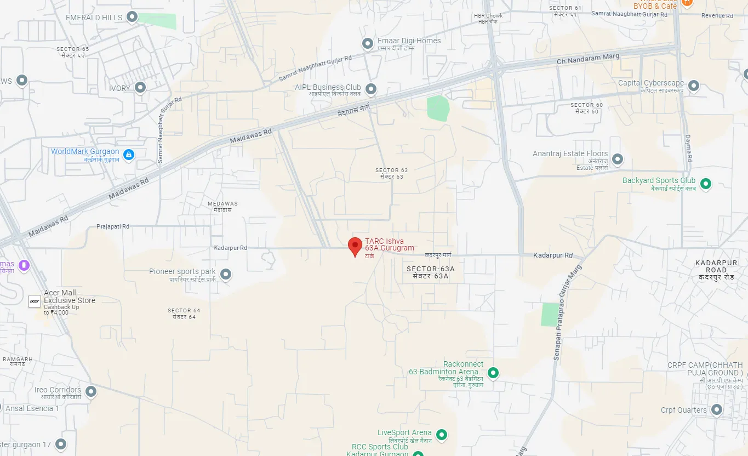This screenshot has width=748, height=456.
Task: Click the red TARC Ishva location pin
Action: tap(355, 246)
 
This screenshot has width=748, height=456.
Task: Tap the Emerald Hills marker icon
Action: tap(132, 18)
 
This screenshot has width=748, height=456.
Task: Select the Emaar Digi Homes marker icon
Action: tap(368, 44)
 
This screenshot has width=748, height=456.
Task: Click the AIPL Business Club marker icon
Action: tap(371, 89)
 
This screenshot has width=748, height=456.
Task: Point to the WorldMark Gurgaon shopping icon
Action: tap(128, 155)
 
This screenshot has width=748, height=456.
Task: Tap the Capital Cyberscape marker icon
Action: tap(694, 86)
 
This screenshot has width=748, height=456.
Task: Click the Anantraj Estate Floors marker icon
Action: tap(618, 159)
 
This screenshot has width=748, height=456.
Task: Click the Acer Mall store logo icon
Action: tap(34, 300)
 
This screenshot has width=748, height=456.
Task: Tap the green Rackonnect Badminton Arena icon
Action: tap(493, 373)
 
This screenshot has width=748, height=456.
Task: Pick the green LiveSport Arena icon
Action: tap(441, 436)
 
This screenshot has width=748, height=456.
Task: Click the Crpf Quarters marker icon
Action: tap(716, 410)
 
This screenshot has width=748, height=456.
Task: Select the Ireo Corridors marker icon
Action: tap(91, 392)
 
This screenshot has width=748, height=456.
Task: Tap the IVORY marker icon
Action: tap(140, 88)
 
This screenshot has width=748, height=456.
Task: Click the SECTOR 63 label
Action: tap(391, 170)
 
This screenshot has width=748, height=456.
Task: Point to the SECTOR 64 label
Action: tap(184, 311)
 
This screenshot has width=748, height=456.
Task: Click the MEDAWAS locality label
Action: tap(222, 204)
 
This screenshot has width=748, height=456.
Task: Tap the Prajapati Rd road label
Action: tap(113, 226)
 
